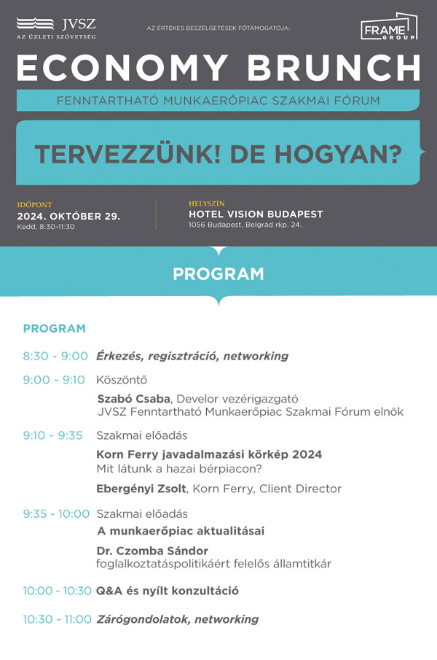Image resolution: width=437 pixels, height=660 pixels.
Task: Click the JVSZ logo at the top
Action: click(x=56, y=28)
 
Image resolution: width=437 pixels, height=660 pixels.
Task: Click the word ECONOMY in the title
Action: click(x=121, y=69)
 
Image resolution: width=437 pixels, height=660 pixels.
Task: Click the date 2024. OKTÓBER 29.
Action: click(x=68, y=217)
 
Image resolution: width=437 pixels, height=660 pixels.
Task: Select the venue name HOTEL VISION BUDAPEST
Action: click(x=256, y=214)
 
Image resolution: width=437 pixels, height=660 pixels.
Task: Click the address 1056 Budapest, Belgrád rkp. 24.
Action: click(x=245, y=225)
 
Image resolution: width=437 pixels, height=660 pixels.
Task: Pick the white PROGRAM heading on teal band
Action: click(x=219, y=274)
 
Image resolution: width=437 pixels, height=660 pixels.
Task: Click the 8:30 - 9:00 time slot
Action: click(x=55, y=356)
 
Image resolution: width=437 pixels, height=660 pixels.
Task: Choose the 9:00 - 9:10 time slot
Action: click(x=54, y=379)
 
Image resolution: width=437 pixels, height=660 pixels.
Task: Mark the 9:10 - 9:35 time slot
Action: click(x=52, y=435)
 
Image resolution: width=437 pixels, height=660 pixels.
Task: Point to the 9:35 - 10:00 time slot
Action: click(x=56, y=513)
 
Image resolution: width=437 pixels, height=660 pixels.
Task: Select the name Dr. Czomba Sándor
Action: click(x=152, y=551)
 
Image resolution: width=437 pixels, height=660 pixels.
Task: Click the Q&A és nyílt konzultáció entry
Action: click(x=168, y=591)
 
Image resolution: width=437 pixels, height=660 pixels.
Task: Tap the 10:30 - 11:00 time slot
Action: click(x=57, y=619)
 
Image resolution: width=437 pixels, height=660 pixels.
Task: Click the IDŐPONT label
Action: click(x=35, y=205)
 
